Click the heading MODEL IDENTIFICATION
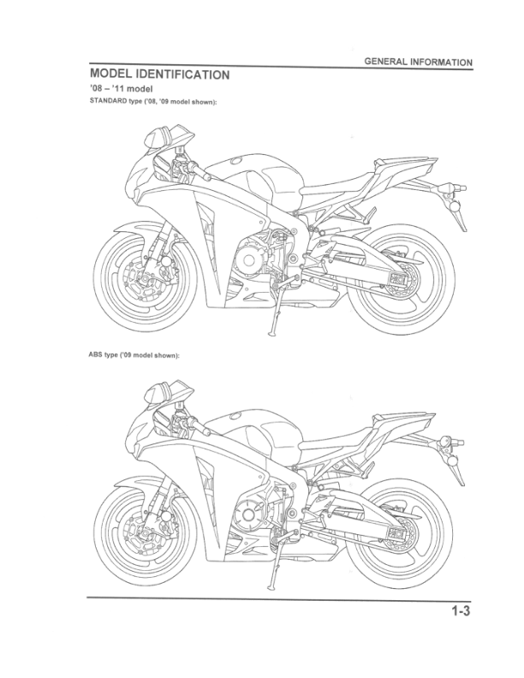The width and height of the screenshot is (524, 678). click(159, 74)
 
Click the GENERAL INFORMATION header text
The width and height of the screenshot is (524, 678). click(418, 62)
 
